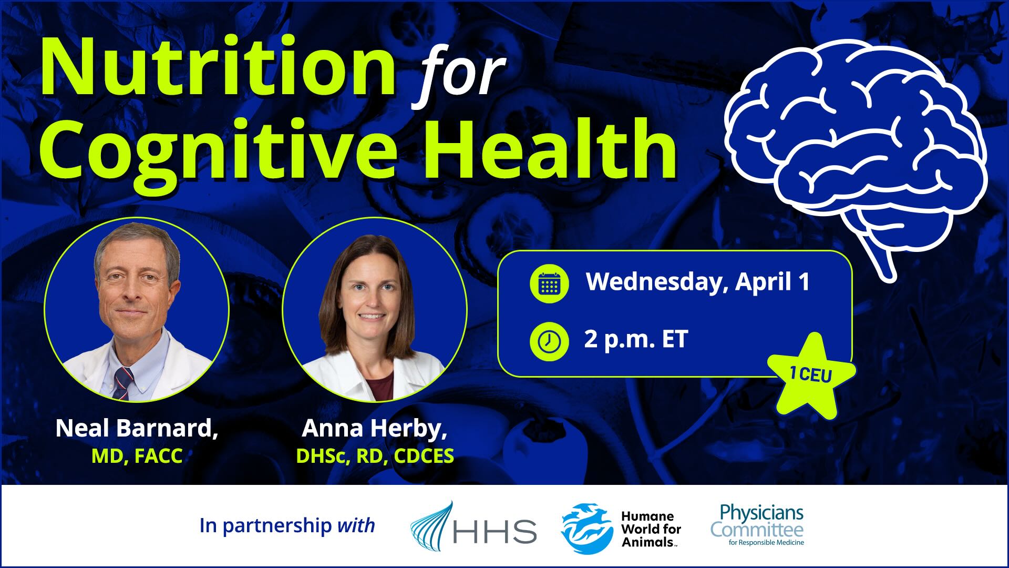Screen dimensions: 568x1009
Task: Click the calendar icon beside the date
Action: [549, 284]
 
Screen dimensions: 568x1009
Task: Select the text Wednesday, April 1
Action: [697, 282]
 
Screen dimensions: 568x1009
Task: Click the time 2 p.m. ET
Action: [636, 339]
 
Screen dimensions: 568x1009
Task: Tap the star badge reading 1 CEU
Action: [811, 375]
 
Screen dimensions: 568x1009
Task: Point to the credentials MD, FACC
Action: [137, 456]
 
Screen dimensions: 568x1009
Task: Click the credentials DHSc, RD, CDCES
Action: [375, 456]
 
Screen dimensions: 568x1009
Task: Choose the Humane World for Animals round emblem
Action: [586, 528]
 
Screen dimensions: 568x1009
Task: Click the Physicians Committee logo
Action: [757, 525]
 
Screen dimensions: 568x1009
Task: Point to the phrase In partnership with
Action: [287, 525]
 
